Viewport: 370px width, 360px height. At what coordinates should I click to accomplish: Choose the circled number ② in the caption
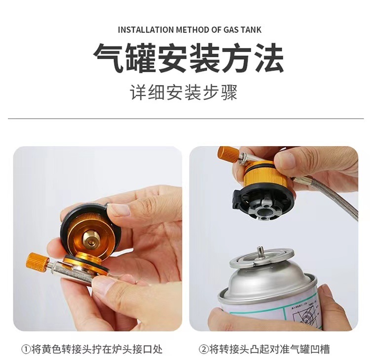click(204, 349)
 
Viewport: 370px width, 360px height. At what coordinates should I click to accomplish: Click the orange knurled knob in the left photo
click(37, 260)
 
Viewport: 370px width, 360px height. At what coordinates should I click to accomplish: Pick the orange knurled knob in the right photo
click(228, 155)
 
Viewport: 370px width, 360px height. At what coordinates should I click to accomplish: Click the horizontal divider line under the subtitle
click(185, 119)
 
